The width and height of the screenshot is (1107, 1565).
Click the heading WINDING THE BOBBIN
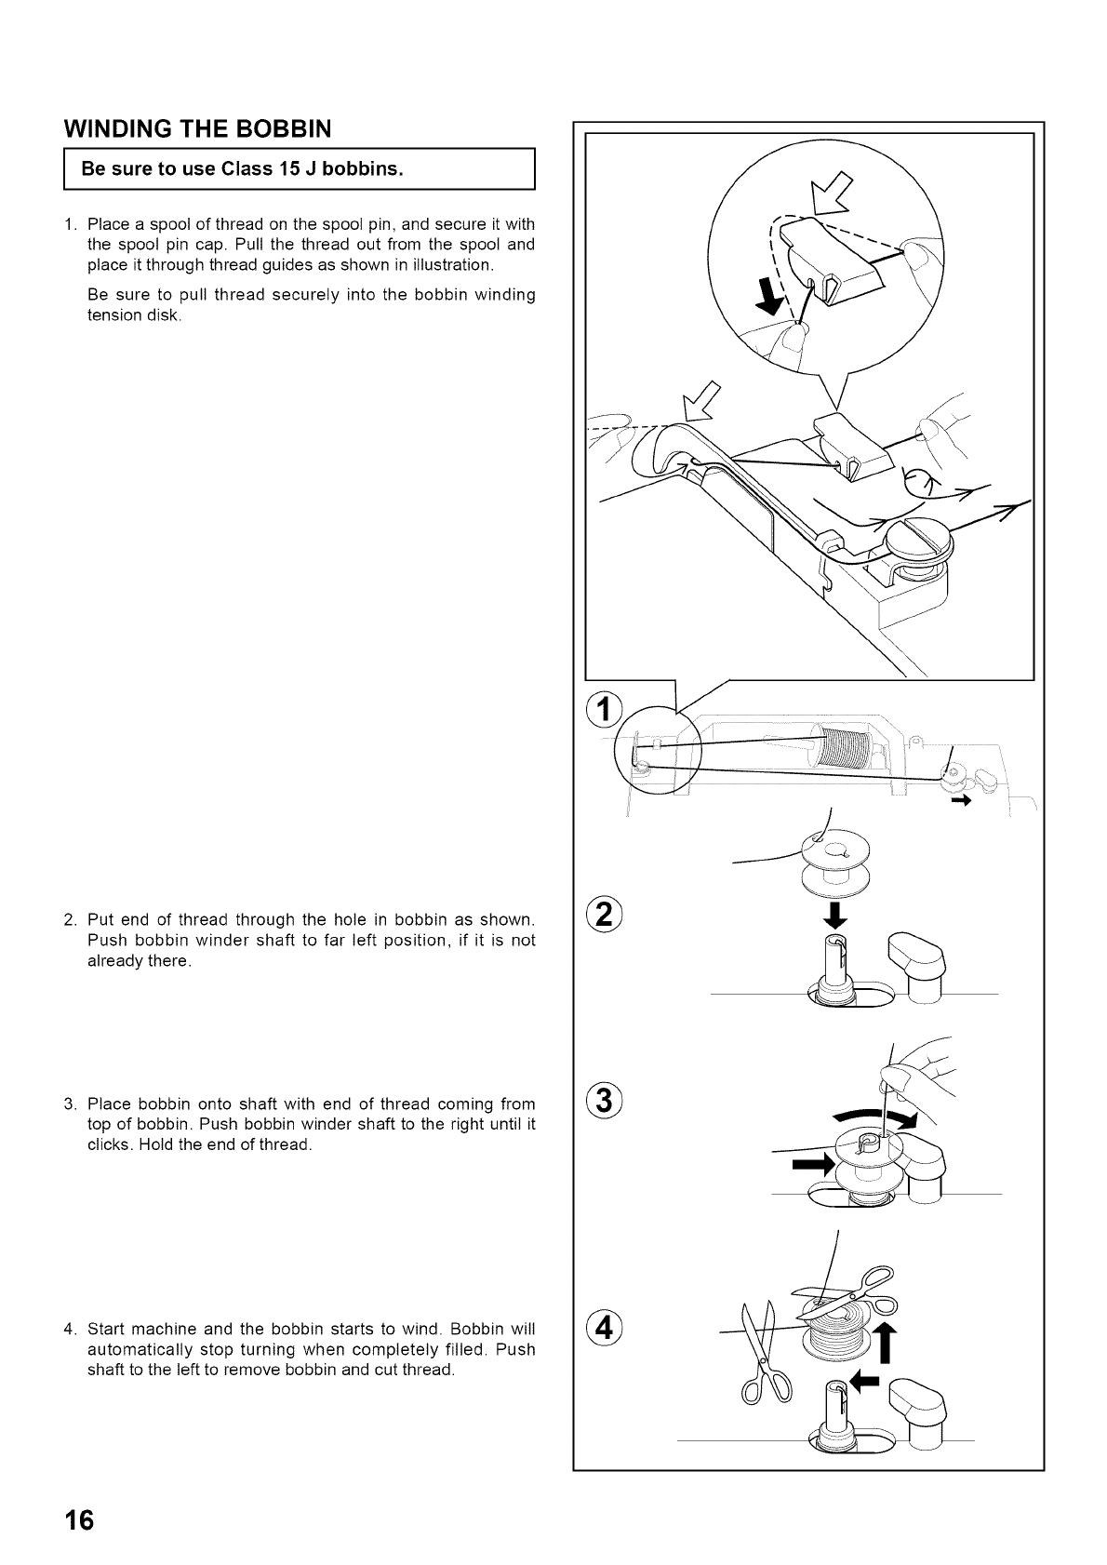(192, 127)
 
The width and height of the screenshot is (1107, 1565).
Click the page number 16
(80, 1520)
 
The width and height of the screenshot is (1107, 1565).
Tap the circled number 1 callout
(605, 710)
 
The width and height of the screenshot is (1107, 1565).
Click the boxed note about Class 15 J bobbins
(298, 169)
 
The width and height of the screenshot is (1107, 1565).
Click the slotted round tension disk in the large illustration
(915, 541)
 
